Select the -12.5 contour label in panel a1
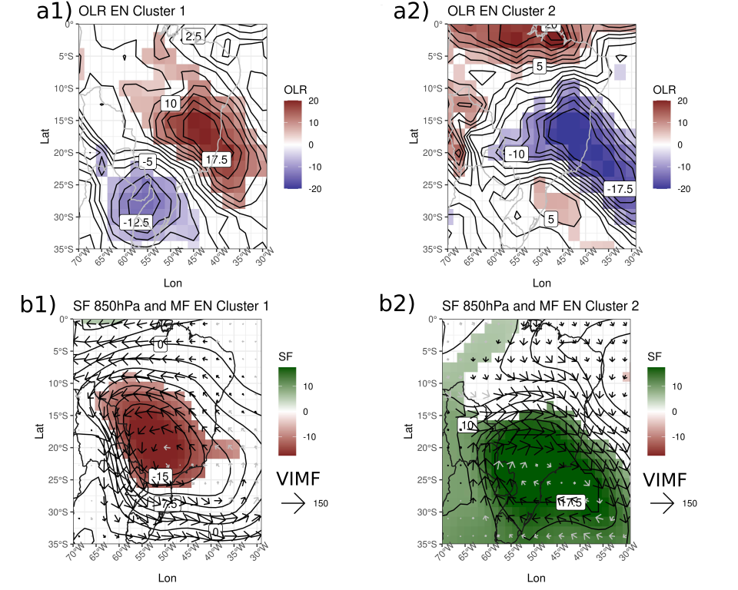[136, 221]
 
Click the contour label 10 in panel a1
[171, 102]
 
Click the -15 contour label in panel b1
[161, 477]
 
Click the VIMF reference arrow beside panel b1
[293, 503]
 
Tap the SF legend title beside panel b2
[655, 356]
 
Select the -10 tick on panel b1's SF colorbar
[314, 436]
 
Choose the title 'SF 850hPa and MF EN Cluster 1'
[171, 305]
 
